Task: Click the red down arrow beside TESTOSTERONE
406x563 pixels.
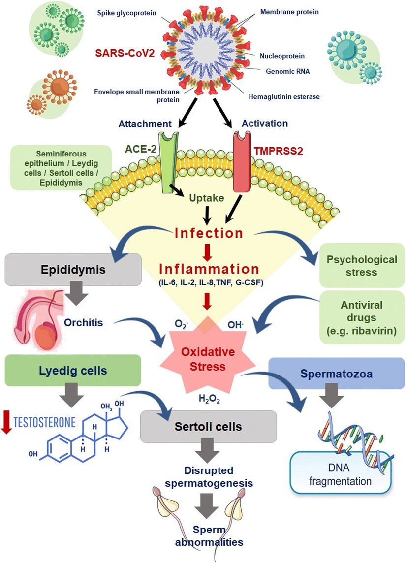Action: [x=7, y=422]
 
